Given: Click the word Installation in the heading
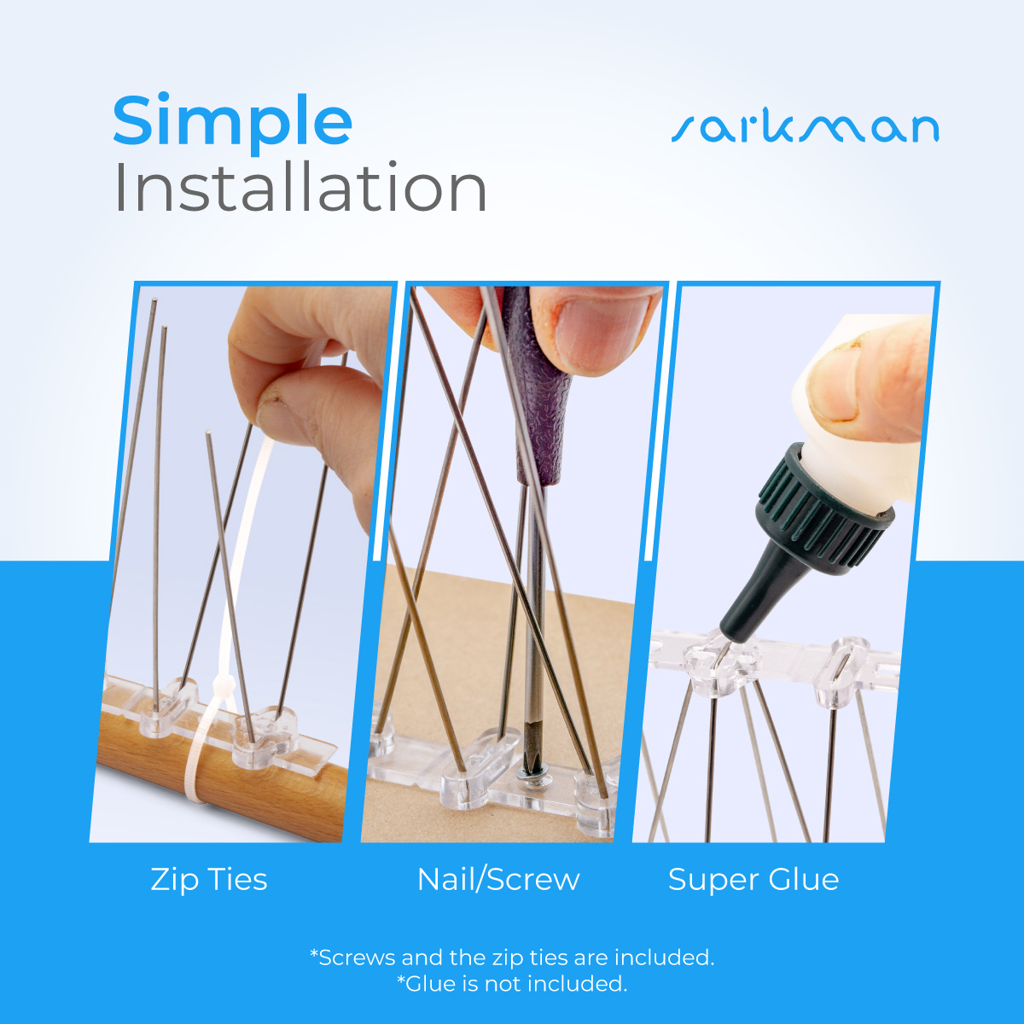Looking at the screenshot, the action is [x=300, y=189].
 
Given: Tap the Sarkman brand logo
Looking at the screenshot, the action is [x=805, y=128].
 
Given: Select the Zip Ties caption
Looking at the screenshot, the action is [x=209, y=880].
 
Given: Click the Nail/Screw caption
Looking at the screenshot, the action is [x=498, y=880].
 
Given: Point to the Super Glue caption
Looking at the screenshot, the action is [x=753, y=880].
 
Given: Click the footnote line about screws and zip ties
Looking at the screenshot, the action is [x=512, y=957].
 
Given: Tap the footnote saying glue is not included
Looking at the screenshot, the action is [x=512, y=984].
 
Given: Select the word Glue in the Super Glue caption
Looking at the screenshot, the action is [x=804, y=880].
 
